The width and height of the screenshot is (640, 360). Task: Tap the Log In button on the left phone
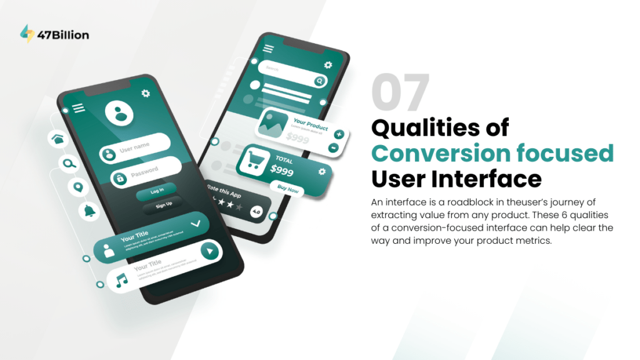157,191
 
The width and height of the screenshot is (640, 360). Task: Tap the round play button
211,251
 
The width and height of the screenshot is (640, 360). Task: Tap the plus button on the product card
338,134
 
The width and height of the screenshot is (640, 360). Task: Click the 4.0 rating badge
256,212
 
